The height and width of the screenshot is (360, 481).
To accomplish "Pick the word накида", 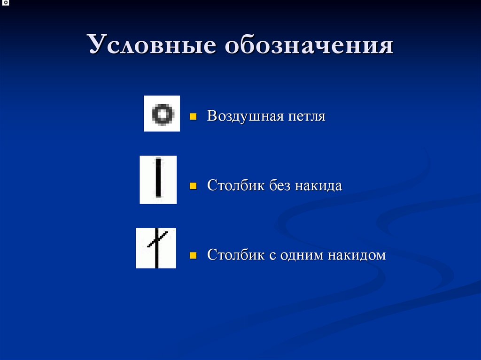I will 319,186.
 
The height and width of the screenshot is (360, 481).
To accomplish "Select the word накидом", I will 364,256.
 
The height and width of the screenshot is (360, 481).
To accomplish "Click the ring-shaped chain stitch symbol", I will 162,114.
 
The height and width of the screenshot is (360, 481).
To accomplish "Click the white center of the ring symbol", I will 162,114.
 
